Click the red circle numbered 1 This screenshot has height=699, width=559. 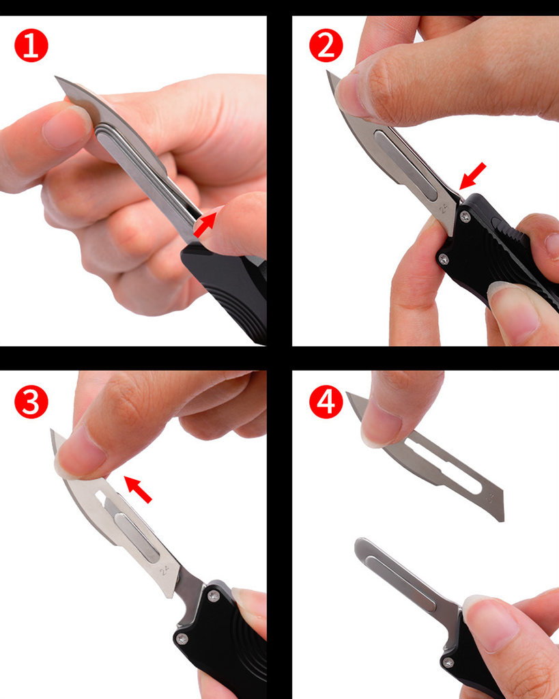pos(31,46)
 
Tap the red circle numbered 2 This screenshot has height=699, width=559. pos(326,46)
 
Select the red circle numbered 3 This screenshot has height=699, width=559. pos(31,402)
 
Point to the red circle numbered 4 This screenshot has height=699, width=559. pos(326,402)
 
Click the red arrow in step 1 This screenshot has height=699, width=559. pos(205,224)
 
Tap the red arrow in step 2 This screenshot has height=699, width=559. pos(472,175)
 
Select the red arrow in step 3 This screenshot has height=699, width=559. pos(138,489)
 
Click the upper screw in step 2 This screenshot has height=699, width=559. pos(465,217)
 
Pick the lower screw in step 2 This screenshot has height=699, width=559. pos(443,259)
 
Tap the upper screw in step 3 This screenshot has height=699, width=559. pos(214,596)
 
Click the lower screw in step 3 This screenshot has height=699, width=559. pos(182,638)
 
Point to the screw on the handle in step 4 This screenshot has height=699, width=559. pos(448,662)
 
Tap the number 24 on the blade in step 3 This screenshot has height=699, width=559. pos(164,569)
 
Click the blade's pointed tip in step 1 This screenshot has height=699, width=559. pos(56,77)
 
